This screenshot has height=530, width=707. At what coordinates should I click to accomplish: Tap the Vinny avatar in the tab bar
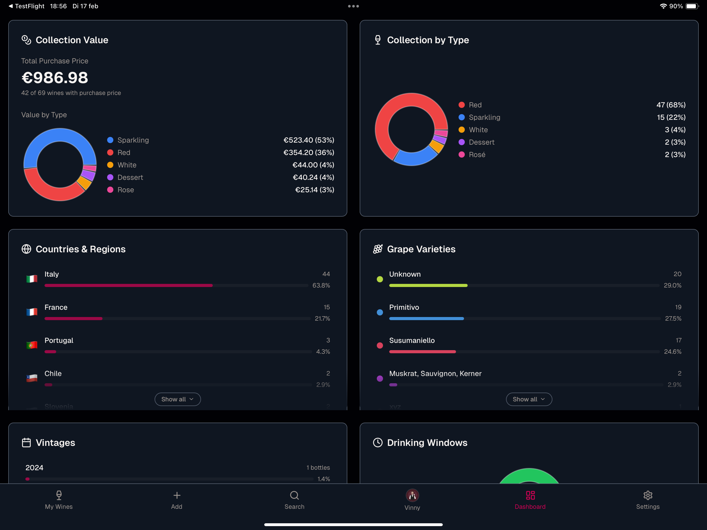point(412,495)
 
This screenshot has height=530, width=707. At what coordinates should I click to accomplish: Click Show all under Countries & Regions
point(178,399)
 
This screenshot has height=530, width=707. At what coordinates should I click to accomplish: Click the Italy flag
point(32,279)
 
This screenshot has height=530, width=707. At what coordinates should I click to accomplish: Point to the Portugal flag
point(32,345)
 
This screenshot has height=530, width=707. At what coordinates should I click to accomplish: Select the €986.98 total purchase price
point(55,78)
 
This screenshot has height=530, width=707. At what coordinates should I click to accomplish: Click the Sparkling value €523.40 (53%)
point(309,140)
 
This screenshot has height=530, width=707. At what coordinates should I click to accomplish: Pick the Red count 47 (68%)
point(671,105)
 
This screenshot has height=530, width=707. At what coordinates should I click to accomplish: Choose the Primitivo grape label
point(404,307)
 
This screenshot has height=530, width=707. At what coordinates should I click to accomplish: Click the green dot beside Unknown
point(380,279)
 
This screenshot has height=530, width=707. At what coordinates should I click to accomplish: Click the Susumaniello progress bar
point(524,352)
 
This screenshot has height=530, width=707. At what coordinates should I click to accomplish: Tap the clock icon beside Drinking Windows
point(378,443)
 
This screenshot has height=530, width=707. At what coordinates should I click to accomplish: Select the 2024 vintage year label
point(34,468)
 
